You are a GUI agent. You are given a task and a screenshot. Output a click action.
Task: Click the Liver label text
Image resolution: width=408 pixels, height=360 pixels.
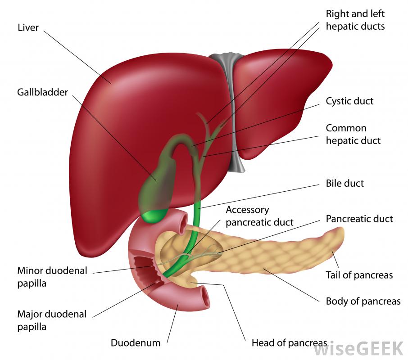(28, 27)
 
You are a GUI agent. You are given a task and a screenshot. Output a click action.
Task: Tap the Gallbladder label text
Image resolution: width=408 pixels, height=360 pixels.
(42, 92)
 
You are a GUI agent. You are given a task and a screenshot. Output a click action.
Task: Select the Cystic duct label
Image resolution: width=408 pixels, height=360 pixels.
(349, 101)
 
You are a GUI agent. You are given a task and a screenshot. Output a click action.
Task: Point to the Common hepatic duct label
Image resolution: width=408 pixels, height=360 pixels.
(353, 135)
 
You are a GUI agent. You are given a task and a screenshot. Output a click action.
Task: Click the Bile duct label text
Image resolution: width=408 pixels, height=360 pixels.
(345, 184)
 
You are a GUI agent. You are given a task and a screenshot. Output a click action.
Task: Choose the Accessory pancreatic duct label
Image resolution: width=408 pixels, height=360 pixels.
(259, 216)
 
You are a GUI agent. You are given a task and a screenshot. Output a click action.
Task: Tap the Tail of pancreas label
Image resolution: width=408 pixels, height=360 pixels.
(359, 275)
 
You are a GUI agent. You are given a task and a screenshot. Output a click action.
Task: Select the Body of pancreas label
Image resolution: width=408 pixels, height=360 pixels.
(363, 301)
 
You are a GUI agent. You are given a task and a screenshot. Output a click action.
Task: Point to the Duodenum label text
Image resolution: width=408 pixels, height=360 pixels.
(136, 343)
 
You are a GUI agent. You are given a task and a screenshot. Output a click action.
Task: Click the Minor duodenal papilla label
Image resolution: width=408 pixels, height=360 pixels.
(52, 277)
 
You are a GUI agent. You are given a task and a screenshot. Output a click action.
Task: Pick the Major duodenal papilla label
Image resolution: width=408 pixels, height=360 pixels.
(52, 320)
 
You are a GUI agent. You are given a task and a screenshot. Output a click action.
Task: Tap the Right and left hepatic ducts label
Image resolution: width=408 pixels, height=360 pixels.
(355, 20)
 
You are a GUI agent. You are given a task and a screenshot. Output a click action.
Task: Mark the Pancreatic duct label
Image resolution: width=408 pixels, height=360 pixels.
(359, 219)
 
